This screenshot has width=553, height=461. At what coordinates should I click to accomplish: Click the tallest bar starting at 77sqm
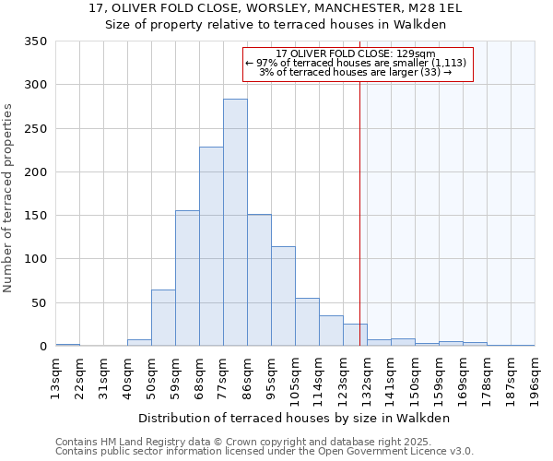[x=235, y=222]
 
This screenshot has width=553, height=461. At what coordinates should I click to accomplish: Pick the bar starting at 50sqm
[x=163, y=318]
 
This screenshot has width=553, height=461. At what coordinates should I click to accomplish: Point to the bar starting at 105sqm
[x=307, y=323]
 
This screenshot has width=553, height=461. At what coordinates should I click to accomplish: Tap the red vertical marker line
[x=359, y=203]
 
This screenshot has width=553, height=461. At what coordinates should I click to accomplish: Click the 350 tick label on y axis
[x=35, y=41]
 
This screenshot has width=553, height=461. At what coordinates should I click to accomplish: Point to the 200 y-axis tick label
[x=35, y=172]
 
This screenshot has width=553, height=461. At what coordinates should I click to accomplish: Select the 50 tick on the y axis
[x=39, y=303]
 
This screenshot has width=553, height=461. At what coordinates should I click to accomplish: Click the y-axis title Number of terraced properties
[x=9, y=198]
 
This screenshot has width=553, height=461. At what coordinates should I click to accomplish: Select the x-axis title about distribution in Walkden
[x=295, y=418]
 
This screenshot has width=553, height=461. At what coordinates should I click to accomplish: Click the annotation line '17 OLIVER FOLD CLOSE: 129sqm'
[x=356, y=54]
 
